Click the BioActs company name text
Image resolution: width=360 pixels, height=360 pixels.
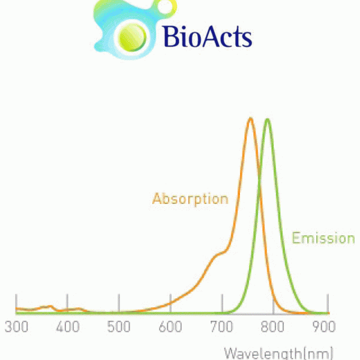click(x=208, y=36)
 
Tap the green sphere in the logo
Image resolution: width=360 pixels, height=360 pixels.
click(x=132, y=37)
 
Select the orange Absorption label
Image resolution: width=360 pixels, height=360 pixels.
click(x=190, y=199)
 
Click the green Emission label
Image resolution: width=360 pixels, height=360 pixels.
click(x=323, y=238)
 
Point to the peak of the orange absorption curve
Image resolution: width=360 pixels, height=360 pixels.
click(x=250, y=119)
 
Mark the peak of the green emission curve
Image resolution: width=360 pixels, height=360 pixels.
click(x=267, y=119)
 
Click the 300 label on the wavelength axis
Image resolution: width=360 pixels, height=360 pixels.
click(x=16, y=326)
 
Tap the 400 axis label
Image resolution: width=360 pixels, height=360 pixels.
click(x=67, y=326)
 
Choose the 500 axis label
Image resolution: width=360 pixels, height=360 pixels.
click(x=119, y=326)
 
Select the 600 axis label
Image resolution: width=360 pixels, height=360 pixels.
click(x=170, y=326)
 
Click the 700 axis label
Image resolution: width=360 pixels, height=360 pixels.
click(x=221, y=326)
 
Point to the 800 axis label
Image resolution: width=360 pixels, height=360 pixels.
click(x=273, y=326)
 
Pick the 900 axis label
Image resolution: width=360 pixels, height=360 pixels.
click(x=324, y=326)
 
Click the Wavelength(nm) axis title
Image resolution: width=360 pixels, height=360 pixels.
click(x=278, y=353)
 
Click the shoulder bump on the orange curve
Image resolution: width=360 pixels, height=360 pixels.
click(x=219, y=254)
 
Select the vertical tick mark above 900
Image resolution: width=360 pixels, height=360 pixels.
click(x=328, y=304)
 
